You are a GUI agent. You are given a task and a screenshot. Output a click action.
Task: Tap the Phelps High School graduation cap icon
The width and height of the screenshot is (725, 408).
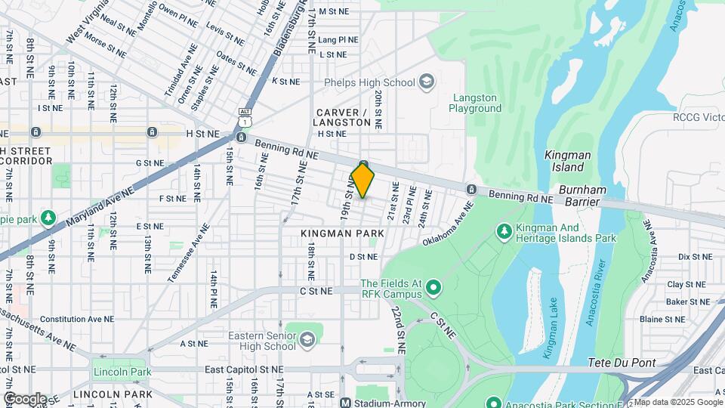coord(427,82)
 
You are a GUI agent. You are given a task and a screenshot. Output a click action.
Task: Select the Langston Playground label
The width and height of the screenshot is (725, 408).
coord(475,103)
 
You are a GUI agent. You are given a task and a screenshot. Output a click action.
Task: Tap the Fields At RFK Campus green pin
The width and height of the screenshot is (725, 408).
coord(433,287)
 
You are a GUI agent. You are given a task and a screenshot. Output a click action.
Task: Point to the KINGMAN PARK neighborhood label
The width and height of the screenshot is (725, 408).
coord(342,233)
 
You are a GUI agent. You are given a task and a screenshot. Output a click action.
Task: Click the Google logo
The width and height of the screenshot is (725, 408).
coord(24,398)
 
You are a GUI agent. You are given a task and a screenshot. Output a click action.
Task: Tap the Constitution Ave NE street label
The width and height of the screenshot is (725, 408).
coord(76,320)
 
